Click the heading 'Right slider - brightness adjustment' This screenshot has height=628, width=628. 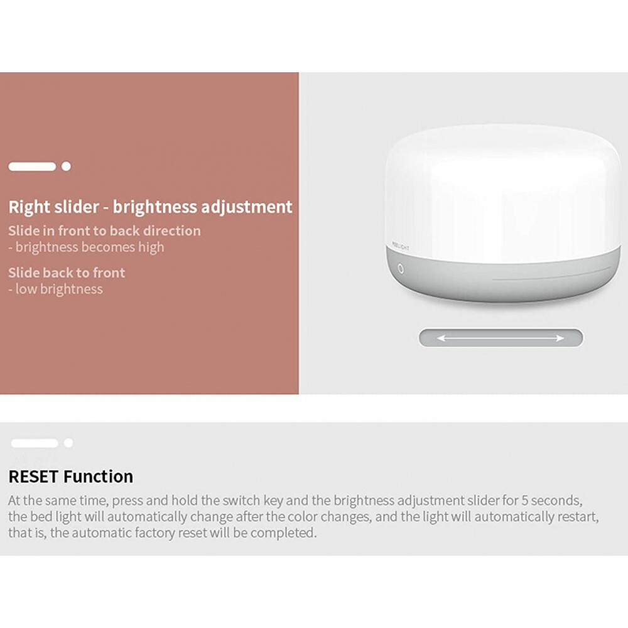point(150,207)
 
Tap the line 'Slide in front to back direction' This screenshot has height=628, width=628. point(104,230)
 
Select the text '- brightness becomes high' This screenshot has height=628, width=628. point(86,247)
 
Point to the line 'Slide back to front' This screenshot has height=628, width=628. point(67,273)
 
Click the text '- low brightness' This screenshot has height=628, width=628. point(55,289)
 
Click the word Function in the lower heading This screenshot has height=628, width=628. point(99,477)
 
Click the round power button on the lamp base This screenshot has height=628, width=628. point(400,268)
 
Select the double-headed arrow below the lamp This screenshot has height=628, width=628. point(501,338)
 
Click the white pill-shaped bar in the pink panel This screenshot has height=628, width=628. point(32,166)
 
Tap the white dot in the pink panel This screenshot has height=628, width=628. point(66,166)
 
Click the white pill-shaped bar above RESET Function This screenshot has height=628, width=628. point(35,443)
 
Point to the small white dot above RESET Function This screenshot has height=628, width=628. point(68,443)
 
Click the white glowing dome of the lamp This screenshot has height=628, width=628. point(502,188)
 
